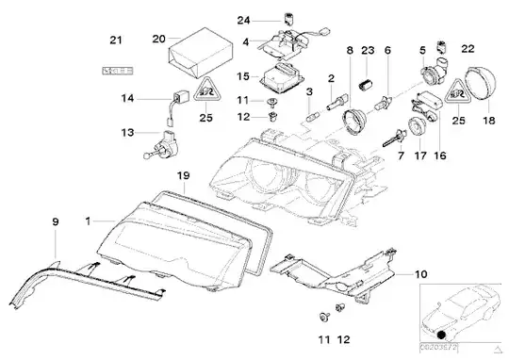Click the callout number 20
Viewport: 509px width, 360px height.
click(158, 39)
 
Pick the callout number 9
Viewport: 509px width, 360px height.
click(55, 221)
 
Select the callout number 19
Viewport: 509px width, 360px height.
click(185, 175)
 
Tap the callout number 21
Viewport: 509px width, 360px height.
click(116, 40)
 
